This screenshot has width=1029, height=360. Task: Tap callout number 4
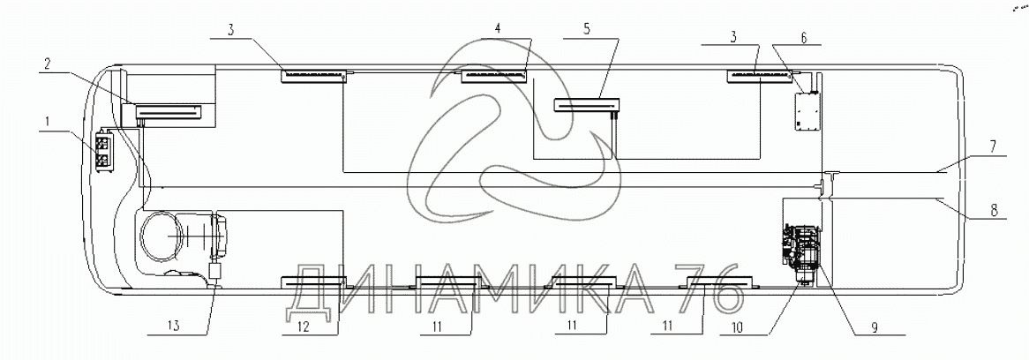point(498,29)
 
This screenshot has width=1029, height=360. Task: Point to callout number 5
point(585,29)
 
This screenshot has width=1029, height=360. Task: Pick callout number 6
point(804,38)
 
